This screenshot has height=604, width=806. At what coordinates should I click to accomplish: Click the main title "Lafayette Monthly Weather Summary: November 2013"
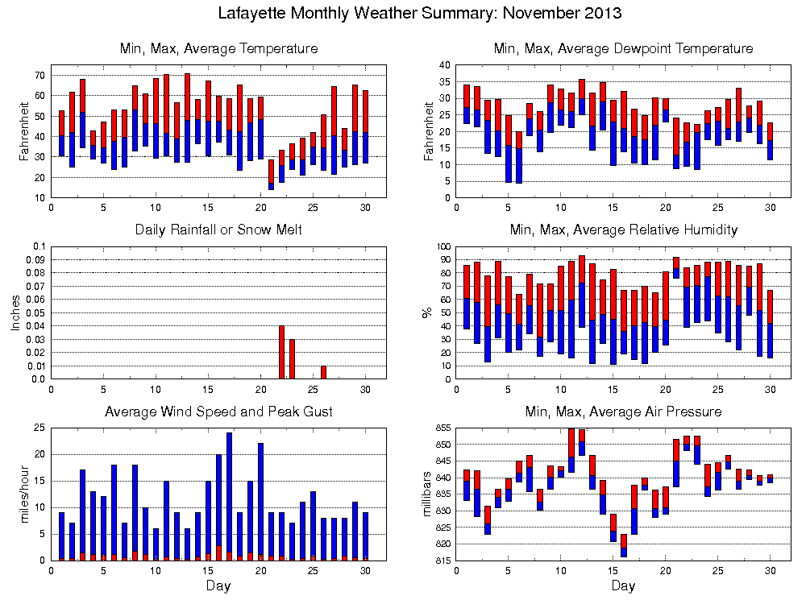click(420, 14)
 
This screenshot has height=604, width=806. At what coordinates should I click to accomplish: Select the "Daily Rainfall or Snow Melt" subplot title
click(218, 230)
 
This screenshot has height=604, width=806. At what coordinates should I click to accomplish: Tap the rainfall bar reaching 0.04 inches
click(282, 352)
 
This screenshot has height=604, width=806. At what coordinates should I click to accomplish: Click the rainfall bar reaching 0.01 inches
click(324, 372)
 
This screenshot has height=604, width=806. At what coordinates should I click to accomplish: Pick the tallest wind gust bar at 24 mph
click(229, 495)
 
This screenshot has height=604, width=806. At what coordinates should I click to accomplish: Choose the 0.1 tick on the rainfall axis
click(39, 246)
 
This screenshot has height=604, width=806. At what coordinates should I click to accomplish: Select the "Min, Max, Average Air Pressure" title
click(623, 412)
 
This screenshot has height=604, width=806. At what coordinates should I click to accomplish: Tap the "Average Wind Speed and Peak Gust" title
click(218, 412)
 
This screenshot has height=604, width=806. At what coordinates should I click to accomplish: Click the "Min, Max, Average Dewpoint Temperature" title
click(623, 49)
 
